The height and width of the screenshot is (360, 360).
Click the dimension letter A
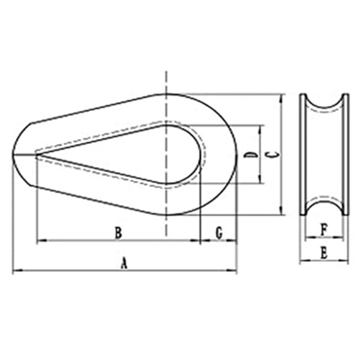[123, 264]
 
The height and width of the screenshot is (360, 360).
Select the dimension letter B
[118, 233]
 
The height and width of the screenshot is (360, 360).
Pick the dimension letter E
[324, 253]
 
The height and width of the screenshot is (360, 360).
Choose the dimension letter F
[324, 230]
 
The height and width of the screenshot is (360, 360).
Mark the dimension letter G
[219, 233]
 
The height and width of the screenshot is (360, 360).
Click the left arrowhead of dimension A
[17, 271]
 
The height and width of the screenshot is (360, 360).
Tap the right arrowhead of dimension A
[232, 271]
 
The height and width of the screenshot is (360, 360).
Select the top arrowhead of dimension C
[282, 99]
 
